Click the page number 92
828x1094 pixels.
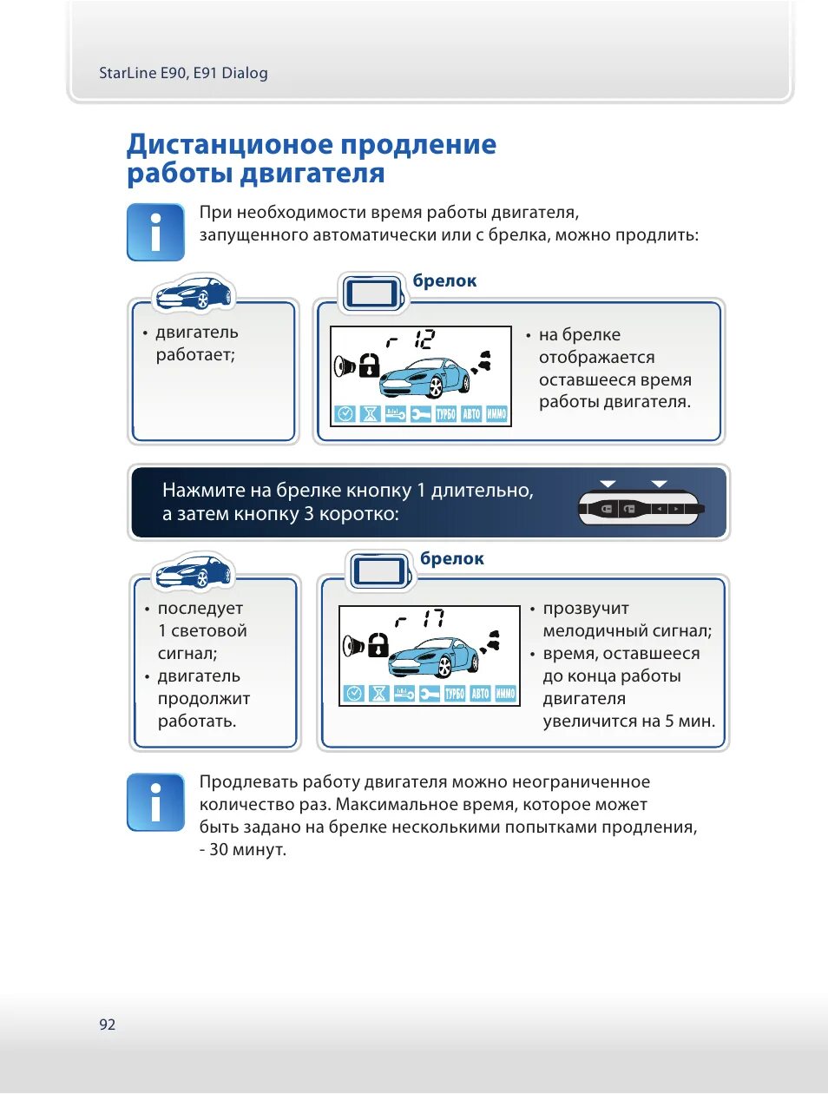[107, 1025]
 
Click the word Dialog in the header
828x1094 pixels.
[245, 73]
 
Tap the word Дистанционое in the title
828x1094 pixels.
[228, 144]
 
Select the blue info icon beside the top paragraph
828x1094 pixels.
[155, 233]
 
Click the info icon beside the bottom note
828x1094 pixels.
[155, 802]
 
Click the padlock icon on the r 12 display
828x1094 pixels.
[370, 365]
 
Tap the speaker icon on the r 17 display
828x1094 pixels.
[353, 645]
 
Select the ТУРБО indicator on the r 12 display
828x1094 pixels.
[445, 414]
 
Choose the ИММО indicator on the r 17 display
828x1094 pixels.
[505, 693]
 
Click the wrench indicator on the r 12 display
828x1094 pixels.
[420, 414]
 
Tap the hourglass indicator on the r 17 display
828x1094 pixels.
[378, 693]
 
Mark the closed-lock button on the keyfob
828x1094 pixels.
[607, 509]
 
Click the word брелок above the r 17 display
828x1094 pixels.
[452, 559]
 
